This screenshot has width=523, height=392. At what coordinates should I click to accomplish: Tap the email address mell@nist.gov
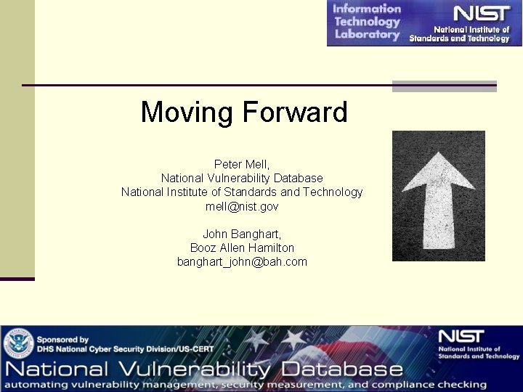(x=242, y=206)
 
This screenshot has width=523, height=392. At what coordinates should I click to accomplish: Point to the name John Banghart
(x=242, y=234)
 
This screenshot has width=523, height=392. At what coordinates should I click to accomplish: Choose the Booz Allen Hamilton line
(x=242, y=248)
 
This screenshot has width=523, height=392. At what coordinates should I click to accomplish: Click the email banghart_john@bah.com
(x=242, y=261)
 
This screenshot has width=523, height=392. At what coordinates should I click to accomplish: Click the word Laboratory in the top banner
(x=367, y=34)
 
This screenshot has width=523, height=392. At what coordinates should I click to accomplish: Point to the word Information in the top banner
(x=367, y=9)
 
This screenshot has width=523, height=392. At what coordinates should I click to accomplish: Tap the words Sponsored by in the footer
(x=62, y=339)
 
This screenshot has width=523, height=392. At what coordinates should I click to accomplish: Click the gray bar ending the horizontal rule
(x=444, y=86)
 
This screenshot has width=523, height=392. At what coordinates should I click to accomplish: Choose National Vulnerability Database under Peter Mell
(x=242, y=178)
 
